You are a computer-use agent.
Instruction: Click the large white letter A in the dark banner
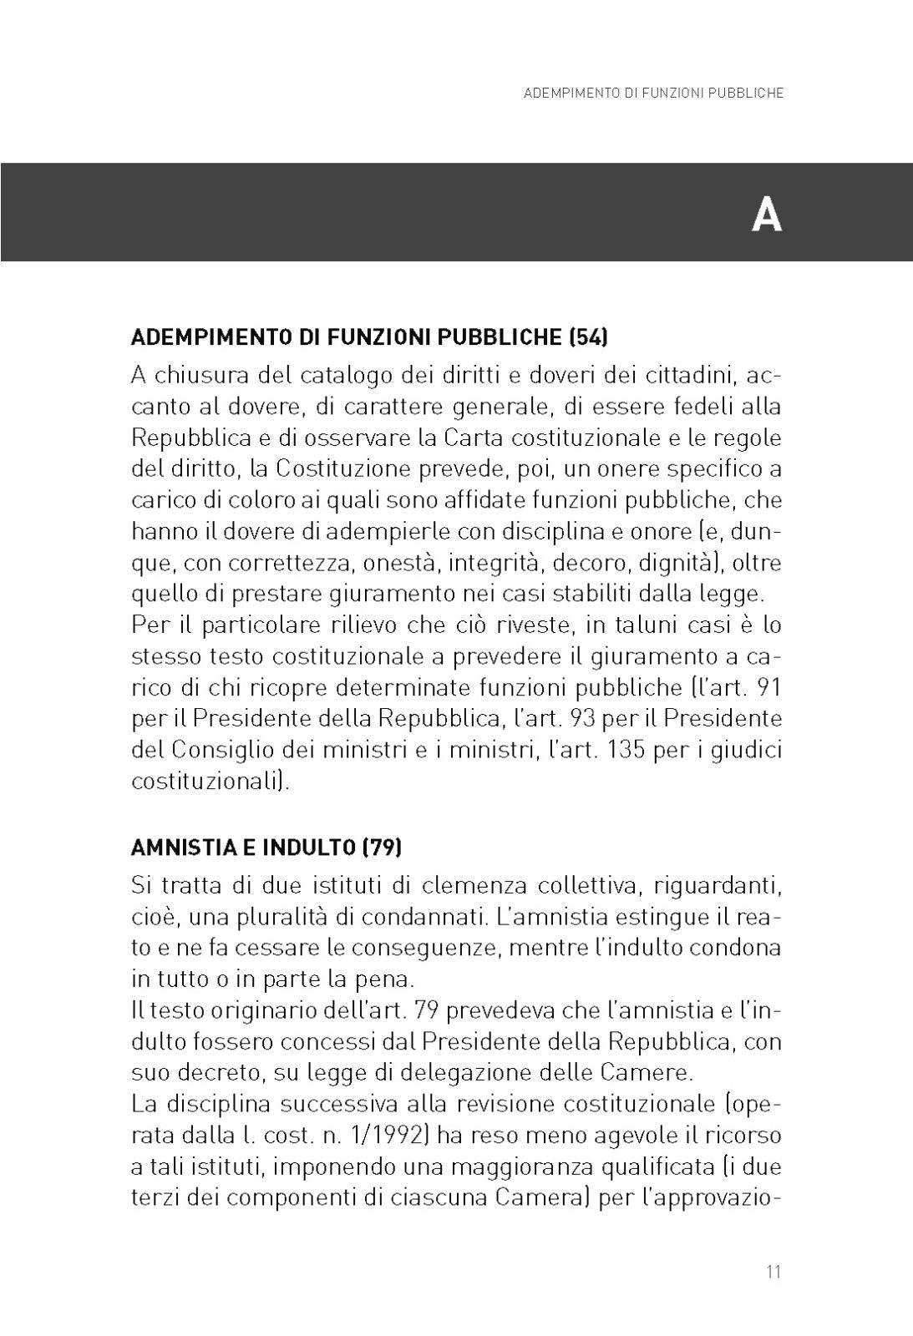coord(766,215)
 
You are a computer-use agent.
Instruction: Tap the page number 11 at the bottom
coord(773,1273)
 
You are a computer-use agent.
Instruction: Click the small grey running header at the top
coord(653,94)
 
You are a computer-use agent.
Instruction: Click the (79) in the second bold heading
coord(383,848)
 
